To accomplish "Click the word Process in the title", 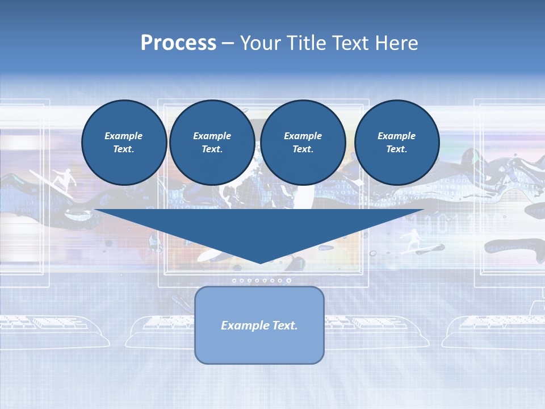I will point(178,43).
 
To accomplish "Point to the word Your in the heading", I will point(261,43).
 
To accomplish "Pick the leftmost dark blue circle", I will point(124,142).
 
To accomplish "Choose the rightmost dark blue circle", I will point(396,142).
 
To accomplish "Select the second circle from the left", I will point(212,142).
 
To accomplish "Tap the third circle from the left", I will point(303,142).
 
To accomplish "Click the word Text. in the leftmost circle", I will point(124,149).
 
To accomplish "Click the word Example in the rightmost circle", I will point(396,136).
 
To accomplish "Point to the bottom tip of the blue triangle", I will point(260,262).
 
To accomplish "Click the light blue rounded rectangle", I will point(259,347).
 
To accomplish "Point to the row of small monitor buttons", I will point(261,280).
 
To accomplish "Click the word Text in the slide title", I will point(352,43).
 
